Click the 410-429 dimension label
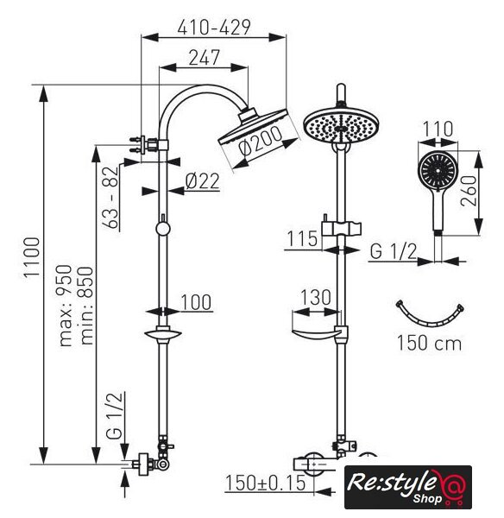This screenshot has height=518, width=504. coord(214,28)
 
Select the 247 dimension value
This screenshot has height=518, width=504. coord(205,58)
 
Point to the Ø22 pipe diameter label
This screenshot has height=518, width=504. coord(203,181)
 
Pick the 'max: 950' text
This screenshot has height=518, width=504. coord(65,306)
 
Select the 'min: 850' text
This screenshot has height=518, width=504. coord(86,306)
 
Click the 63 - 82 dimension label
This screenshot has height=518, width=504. coord(110,197)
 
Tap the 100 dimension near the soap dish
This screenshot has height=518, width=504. coord(196,302)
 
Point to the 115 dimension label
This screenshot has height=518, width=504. coord(302,239)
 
